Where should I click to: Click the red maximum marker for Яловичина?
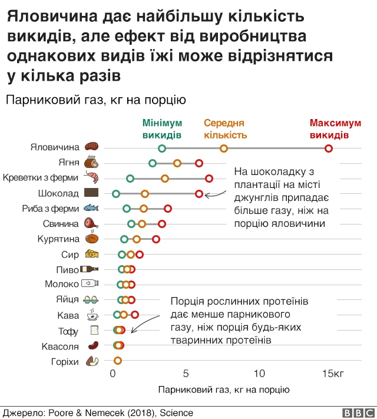[x=329, y=148]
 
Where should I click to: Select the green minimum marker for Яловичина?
[x=162, y=148]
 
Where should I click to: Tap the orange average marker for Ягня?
[x=177, y=163]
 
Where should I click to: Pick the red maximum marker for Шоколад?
[x=199, y=193]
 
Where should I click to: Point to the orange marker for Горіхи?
[x=118, y=361]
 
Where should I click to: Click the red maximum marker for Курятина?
[x=156, y=239]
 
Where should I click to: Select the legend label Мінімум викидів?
[x=162, y=129]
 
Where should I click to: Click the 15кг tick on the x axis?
[x=333, y=374]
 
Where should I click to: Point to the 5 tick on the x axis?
[x=186, y=374]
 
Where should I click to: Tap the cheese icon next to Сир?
[x=92, y=254]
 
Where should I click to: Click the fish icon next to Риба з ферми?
[x=91, y=208]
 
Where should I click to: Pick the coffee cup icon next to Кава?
[x=92, y=315]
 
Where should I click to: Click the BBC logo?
[x=356, y=413]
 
